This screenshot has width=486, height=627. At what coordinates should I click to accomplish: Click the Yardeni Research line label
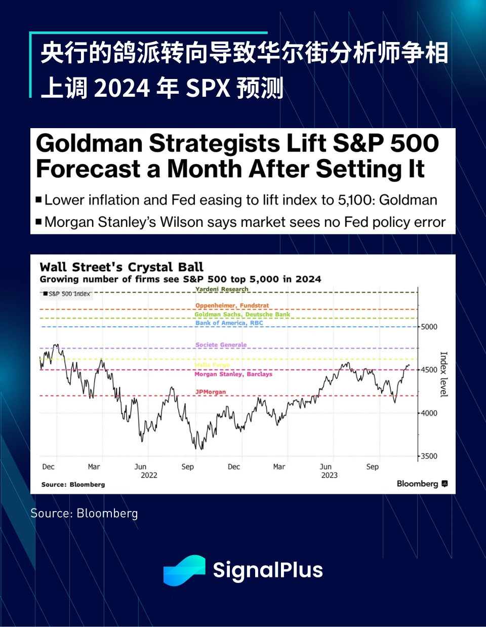click(x=222, y=289)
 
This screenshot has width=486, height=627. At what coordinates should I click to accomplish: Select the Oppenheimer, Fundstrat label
click(x=232, y=305)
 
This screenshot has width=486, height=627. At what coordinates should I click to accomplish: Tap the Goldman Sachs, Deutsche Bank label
click(x=242, y=315)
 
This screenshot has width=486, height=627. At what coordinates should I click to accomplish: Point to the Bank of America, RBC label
click(x=229, y=323)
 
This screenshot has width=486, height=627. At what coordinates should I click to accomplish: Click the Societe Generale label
click(x=221, y=345)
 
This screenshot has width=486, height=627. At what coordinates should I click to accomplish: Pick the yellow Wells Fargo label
click(x=212, y=365)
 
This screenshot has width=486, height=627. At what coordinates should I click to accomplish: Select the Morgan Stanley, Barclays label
click(x=233, y=374)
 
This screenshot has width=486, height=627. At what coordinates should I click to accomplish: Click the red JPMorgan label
click(x=211, y=392)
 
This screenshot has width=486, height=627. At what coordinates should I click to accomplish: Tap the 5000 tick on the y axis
click(x=429, y=327)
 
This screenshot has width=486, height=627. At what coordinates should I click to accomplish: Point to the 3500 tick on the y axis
click(x=429, y=456)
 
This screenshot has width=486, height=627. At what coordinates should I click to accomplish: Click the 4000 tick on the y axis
click(x=429, y=413)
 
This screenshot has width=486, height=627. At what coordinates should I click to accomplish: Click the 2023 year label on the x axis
click(x=329, y=475)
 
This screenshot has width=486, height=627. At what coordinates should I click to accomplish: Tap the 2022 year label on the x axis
click(x=149, y=475)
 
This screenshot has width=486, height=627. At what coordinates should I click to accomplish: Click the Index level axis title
click(x=443, y=374)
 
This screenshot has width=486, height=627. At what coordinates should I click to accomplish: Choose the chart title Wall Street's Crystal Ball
click(x=121, y=267)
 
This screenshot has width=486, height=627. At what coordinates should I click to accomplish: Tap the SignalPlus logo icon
click(x=184, y=570)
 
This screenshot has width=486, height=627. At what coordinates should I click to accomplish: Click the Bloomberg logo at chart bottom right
click(x=422, y=484)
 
